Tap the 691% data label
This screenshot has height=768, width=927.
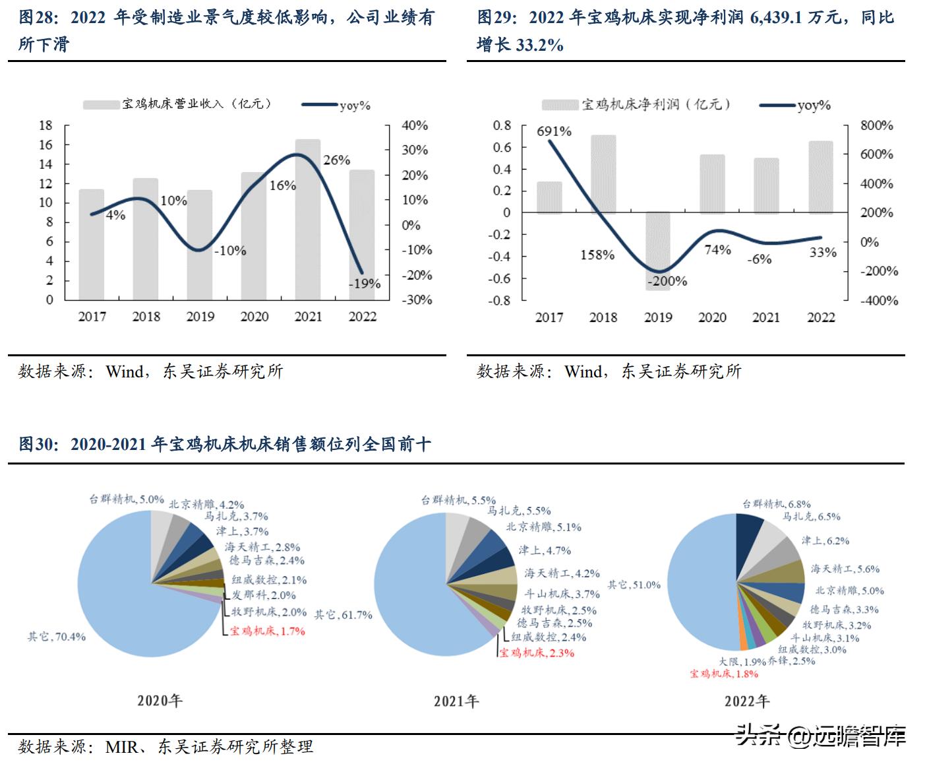click(554, 131)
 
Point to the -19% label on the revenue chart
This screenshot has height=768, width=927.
click(365, 284)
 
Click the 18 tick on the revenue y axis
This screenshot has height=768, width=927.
click(45, 125)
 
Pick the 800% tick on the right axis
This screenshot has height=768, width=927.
click(876, 125)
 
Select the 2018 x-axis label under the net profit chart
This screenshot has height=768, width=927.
click(603, 317)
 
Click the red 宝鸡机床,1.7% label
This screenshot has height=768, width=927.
click(268, 631)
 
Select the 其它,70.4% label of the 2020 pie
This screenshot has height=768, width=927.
click(57, 637)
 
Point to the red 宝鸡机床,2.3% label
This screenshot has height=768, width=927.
click(537, 653)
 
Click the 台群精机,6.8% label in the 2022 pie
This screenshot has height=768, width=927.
click(776, 504)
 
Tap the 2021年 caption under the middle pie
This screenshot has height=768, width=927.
click(456, 701)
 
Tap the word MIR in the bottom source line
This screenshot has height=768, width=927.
click(121, 747)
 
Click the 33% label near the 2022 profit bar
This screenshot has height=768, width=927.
click(822, 253)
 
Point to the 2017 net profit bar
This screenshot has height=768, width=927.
click(549, 197)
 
